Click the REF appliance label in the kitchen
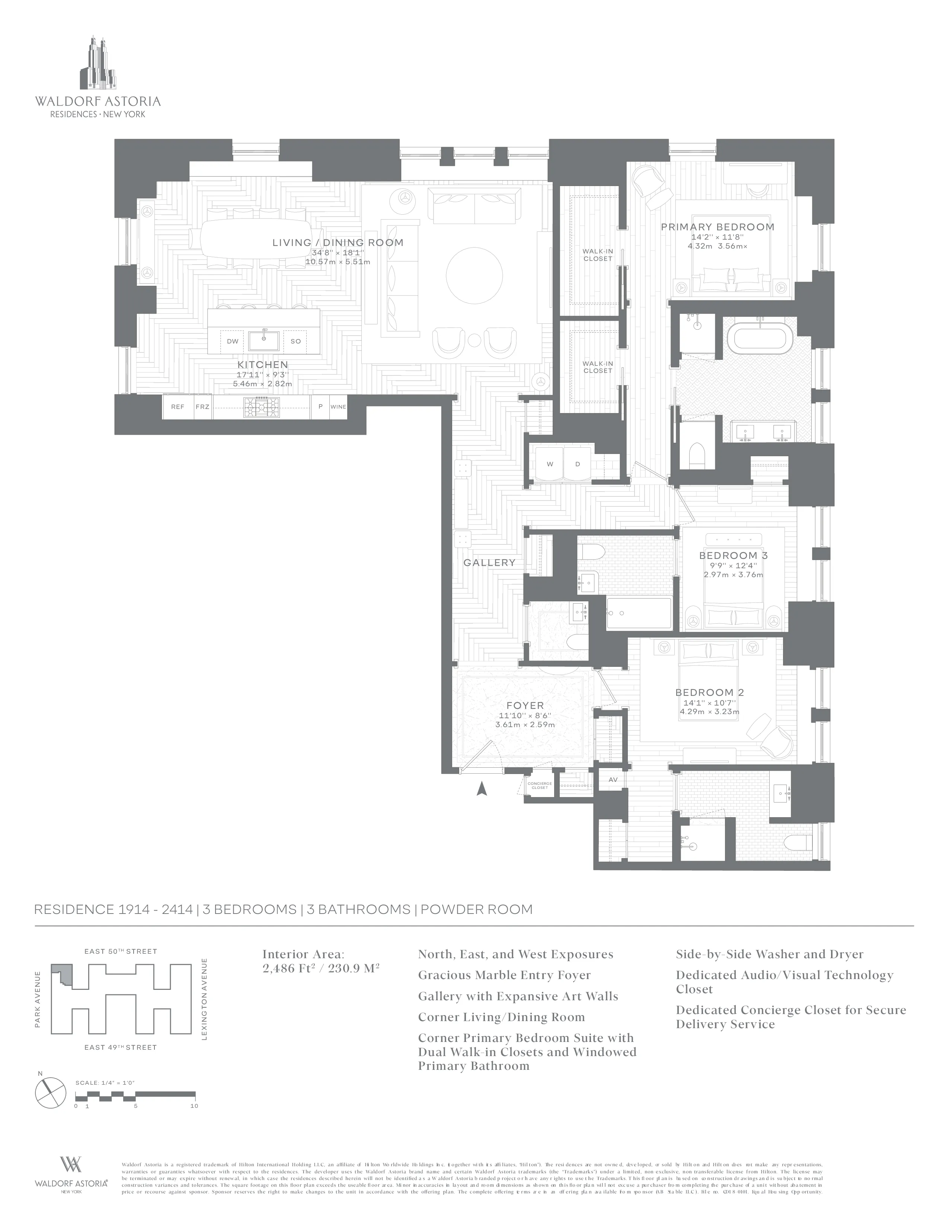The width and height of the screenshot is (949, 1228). [x=178, y=406]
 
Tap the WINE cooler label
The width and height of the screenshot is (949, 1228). [x=338, y=406]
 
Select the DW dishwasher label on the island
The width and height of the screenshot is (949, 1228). [x=233, y=341]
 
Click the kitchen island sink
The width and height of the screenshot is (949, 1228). [x=264, y=340]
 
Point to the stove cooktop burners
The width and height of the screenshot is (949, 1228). [x=261, y=407]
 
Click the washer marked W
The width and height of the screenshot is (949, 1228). [x=550, y=464]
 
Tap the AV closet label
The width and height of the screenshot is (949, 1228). [x=613, y=780]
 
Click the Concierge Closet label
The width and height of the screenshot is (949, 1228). [x=539, y=786]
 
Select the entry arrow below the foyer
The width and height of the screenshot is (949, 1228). [x=481, y=789]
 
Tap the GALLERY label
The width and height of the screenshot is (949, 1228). [x=489, y=563]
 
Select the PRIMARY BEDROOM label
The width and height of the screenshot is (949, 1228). [x=718, y=227]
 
